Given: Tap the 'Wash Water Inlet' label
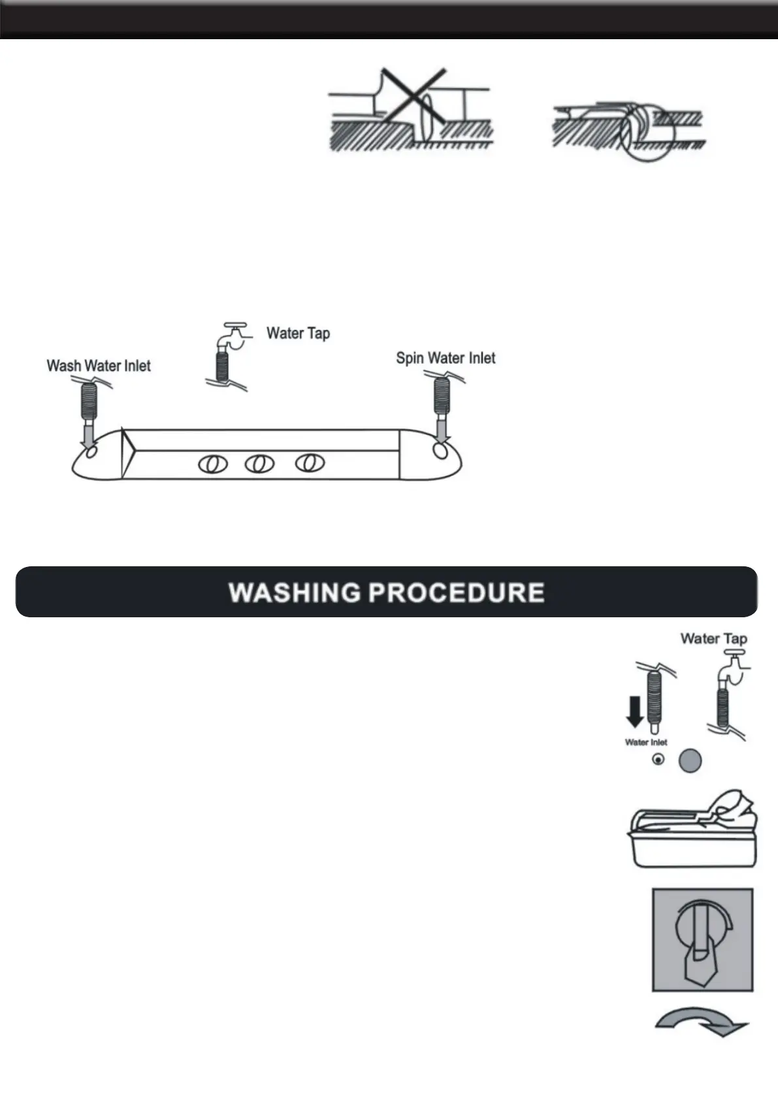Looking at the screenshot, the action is [x=99, y=366].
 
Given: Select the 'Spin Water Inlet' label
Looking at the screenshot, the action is [x=446, y=358].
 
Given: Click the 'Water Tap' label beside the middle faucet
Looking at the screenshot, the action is [x=298, y=333].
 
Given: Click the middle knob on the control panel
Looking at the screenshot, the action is [x=259, y=464].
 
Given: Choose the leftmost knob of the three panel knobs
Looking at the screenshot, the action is [x=213, y=464].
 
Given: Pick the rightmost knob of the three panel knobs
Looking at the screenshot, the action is [x=309, y=463].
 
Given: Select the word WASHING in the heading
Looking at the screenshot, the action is [x=294, y=592].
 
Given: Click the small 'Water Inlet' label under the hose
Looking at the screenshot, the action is [x=646, y=742].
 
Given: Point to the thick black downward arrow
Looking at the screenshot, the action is [x=635, y=711].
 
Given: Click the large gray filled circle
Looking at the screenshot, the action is [x=690, y=760].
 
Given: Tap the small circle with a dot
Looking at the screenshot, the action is [x=658, y=760].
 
